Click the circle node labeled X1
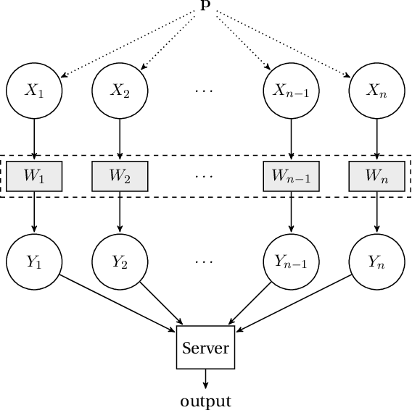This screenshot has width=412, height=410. click(34, 91)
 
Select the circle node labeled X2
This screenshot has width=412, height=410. click(120, 91)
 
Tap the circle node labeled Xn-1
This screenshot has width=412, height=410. click(291, 91)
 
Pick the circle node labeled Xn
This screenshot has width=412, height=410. click(376, 91)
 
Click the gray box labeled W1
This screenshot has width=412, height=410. click(34, 176)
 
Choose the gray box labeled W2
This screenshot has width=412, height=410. click(120, 176)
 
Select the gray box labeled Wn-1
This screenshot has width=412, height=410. click(291, 176)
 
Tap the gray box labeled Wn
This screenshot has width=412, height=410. click(376, 176)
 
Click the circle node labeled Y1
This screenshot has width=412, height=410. click(34, 262)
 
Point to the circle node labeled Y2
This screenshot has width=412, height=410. click(120, 262)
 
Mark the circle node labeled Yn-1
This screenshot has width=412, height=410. click(291, 262)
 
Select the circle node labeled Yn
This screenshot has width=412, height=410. click(376, 262)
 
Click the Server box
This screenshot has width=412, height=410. click(205, 348)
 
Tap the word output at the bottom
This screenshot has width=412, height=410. click(205, 401)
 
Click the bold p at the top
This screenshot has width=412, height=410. click(205, 4)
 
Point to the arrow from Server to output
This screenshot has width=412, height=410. click(205, 379)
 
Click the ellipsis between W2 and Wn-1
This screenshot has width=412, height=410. click(205, 177)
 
